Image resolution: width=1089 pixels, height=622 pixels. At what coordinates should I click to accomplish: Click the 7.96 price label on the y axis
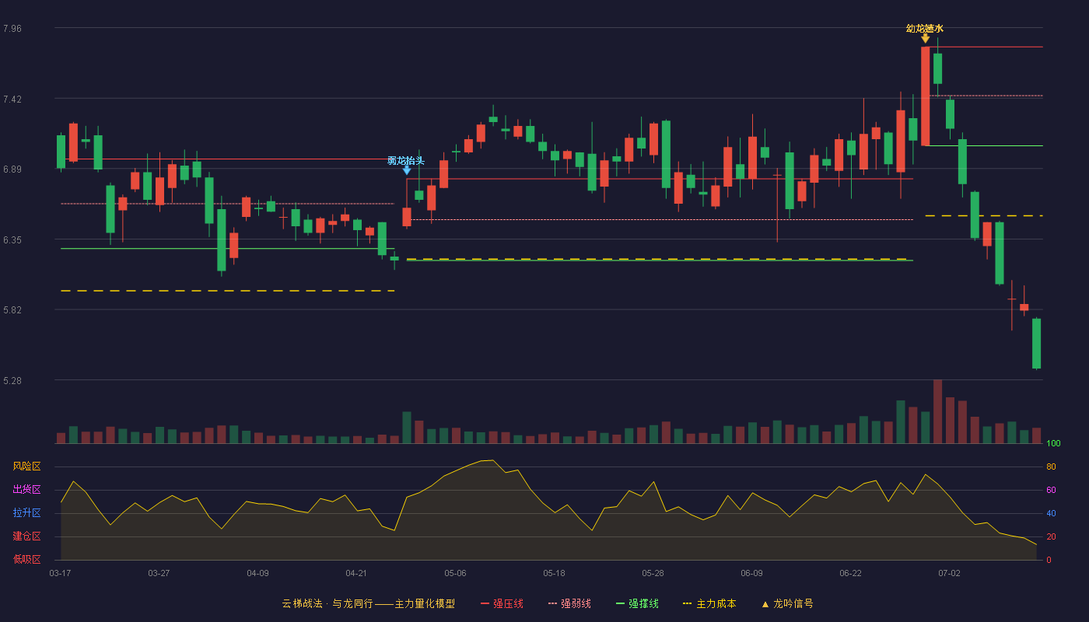[x=12, y=28]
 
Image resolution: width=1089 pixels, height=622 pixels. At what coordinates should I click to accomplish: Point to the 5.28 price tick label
[x=12, y=380]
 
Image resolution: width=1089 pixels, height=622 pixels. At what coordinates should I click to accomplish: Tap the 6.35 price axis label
[x=12, y=240]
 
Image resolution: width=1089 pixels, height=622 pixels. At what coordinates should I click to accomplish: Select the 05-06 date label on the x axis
[x=455, y=574]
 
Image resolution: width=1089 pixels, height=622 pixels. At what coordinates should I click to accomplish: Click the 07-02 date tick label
[x=949, y=574]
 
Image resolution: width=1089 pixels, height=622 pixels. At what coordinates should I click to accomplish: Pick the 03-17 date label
[x=60, y=574]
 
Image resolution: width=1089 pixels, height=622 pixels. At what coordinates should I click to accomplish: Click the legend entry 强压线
[x=502, y=603]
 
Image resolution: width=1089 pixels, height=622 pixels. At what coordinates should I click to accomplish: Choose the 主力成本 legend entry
[x=709, y=603]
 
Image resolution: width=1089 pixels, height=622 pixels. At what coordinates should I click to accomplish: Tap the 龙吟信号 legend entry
[x=787, y=603]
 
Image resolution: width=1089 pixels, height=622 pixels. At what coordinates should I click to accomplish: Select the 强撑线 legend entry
[x=637, y=603]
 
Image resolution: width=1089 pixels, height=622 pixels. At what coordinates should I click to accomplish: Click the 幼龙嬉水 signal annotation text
[x=925, y=29]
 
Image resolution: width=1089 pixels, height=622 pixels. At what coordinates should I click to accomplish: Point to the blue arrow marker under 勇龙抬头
[x=407, y=170]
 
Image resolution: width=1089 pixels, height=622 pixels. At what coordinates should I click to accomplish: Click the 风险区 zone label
[x=26, y=466]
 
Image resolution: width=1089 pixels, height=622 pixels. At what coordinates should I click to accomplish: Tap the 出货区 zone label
[x=26, y=489]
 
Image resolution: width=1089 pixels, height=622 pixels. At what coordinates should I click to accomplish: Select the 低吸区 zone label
[x=26, y=559]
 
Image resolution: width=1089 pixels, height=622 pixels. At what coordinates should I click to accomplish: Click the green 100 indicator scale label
[x=1053, y=443]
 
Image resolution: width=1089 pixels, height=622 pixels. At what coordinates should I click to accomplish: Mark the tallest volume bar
[x=937, y=411]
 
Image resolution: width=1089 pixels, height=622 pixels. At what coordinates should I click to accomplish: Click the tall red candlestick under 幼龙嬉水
[x=925, y=96]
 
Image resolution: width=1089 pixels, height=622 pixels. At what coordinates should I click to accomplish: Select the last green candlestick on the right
[x=1036, y=344]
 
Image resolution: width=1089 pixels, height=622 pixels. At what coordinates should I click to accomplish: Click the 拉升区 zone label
[x=26, y=512]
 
